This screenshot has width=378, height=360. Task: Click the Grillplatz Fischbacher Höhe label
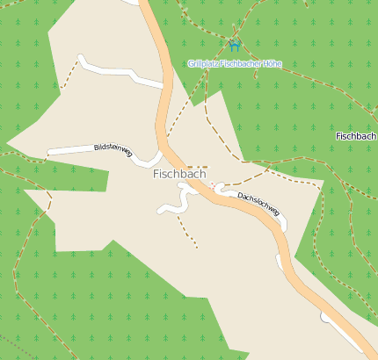tap(235, 63)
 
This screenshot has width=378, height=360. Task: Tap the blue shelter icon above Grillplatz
tap(234, 45)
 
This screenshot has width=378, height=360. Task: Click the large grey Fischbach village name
tap(179, 174)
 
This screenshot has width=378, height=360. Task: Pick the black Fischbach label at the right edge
tap(356, 136)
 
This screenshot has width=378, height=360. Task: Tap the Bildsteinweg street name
tap(113, 150)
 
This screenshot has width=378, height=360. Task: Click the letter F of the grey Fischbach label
tap(156, 174)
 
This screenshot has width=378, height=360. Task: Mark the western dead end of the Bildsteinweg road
tap(51, 152)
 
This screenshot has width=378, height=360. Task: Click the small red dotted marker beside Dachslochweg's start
tap(212, 184)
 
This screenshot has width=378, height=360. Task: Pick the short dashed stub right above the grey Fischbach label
tap(198, 166)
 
